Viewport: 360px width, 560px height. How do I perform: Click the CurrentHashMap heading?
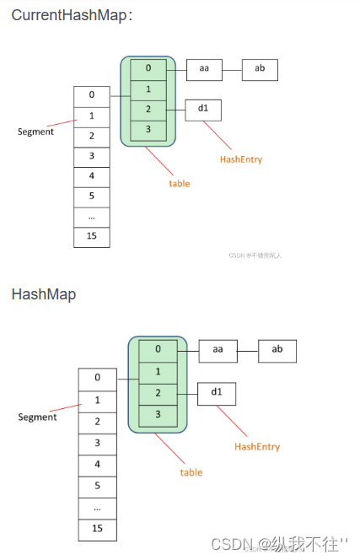point(71,16)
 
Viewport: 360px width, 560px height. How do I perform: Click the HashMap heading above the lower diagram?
point(43,294)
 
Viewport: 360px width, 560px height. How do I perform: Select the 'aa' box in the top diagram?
point(204,69)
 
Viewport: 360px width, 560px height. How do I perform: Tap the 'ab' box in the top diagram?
point(260,69)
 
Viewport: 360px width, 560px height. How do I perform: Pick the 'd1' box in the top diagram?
point(203,109)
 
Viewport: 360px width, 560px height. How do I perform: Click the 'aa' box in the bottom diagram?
point(218,350)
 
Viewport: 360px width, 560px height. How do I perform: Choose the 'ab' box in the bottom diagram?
point(277,350)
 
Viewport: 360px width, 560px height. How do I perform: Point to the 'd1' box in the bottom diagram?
point(218,393)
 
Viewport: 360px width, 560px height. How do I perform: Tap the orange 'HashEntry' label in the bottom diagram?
point(256,446)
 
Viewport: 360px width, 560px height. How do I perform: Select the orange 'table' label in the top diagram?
point(179,183)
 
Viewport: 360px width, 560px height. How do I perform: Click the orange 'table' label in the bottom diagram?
point(191,472)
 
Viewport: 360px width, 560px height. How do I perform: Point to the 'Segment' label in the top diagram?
point(37,132)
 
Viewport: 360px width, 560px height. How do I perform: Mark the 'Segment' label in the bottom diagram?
point(37,417)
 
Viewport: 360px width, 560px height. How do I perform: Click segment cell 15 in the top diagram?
point(92,236)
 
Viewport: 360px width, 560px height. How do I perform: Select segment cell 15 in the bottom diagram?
point(98,529)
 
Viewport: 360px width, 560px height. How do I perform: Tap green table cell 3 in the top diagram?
point(148,128)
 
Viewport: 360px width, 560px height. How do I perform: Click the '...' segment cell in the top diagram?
point(92,217)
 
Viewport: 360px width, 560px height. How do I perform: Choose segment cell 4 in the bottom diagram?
point(98,465)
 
